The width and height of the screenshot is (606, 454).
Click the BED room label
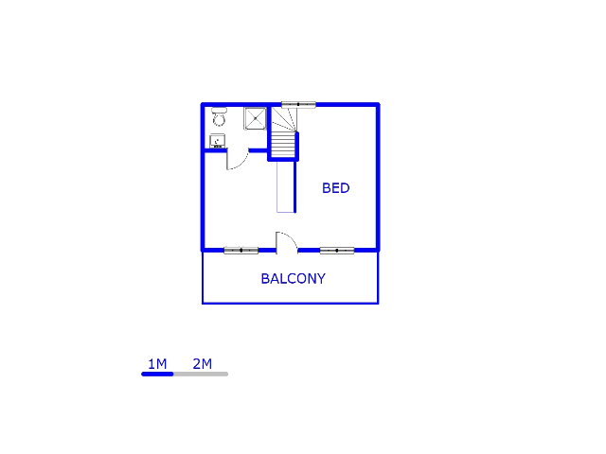click(x=335, y=188)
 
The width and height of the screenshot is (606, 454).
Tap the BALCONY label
click(x=293, y=279)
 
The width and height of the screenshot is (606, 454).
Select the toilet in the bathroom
click(x=219, y=117)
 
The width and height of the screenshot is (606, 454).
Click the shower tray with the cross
click(x=256, y=118)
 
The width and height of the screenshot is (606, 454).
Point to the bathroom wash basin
click(x=217, y=141)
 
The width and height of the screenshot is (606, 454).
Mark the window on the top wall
click(x=298, y=104)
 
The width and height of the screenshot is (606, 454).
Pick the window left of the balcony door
click(x=241, y=251)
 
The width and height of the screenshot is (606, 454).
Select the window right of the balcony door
click(x=336, y=251)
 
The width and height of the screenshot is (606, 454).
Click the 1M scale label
click(x=157, y=364)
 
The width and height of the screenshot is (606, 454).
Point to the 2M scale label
click(x=202, y=364)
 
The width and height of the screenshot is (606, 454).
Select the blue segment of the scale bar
click(x=157, y=375)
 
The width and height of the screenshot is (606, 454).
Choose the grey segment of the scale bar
click(x=201, y=375)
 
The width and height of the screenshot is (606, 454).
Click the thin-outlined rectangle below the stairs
click(x=285, y=186)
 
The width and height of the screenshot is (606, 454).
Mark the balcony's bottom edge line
click(x=290, y=303)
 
